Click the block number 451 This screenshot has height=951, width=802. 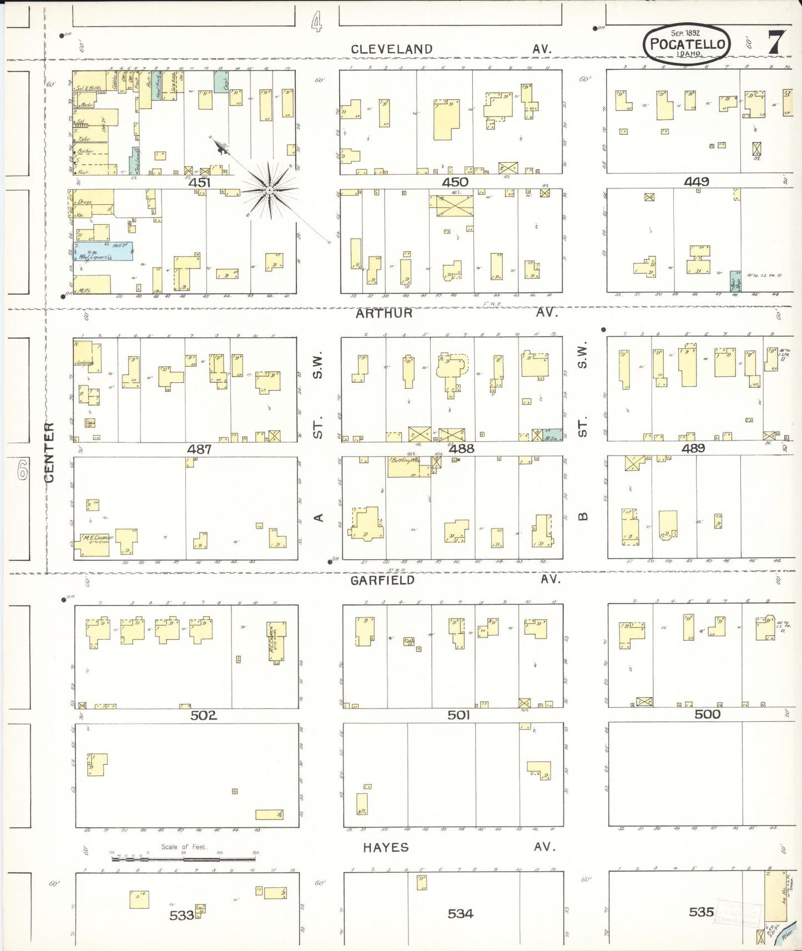pyautogui.click(x=199, y=183)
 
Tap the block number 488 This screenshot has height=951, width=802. pyautogui.click(x=461, y=448)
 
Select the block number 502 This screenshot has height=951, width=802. pyautogui.click(x=203, y=715)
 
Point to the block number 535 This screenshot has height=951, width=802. pyautogui.click(x=701, y=912)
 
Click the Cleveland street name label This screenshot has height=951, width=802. pyautogui.click(x=391, y=49)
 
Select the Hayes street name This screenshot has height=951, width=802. pyautogui.click(x=386, y=847)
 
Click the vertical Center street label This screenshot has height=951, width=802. pyautogui.click(x=49, y=452)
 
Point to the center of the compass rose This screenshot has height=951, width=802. pyautogui.click(x=269, y=190)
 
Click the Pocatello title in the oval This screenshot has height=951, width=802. pyautogui.click(x=687, y=44)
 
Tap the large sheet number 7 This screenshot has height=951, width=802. pyautogui.click(x=776, y=42)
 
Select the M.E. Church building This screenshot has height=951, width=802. pyautogui.click(x=94, y=544)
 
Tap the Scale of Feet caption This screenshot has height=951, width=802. pyautogui.click(x=184, y=847)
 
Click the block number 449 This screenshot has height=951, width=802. pyautogui.click(x=696, y=181)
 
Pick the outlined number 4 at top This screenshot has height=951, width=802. pyautogui.click(x=316, y=23)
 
